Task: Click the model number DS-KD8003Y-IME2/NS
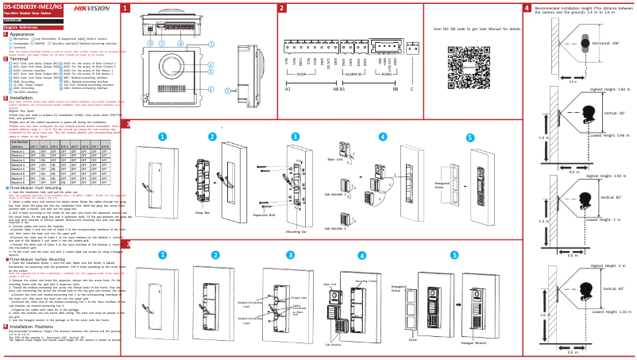pos(33,7)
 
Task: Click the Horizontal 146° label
pos(606,43)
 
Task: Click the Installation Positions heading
pos(33,326)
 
